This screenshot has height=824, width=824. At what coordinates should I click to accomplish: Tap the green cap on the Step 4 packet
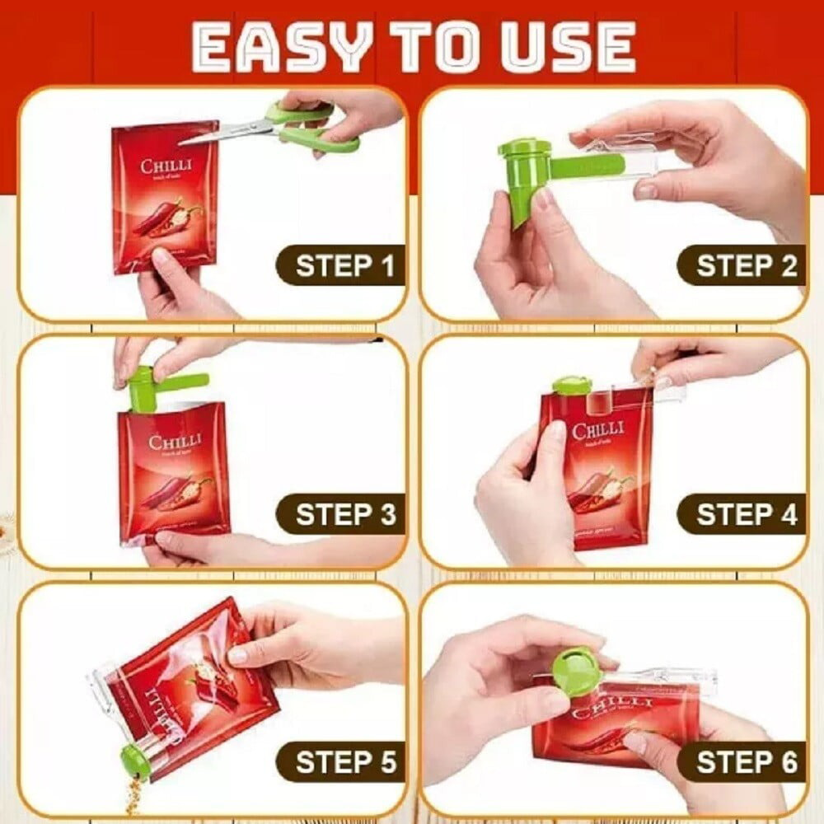pyautogui.click(x=571, y=385)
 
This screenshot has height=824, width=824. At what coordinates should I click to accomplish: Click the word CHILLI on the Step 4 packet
pyautogui.click(x=598, y=431)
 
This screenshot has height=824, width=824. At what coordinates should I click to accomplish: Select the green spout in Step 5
pyautogui.click(x=135, y=758)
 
